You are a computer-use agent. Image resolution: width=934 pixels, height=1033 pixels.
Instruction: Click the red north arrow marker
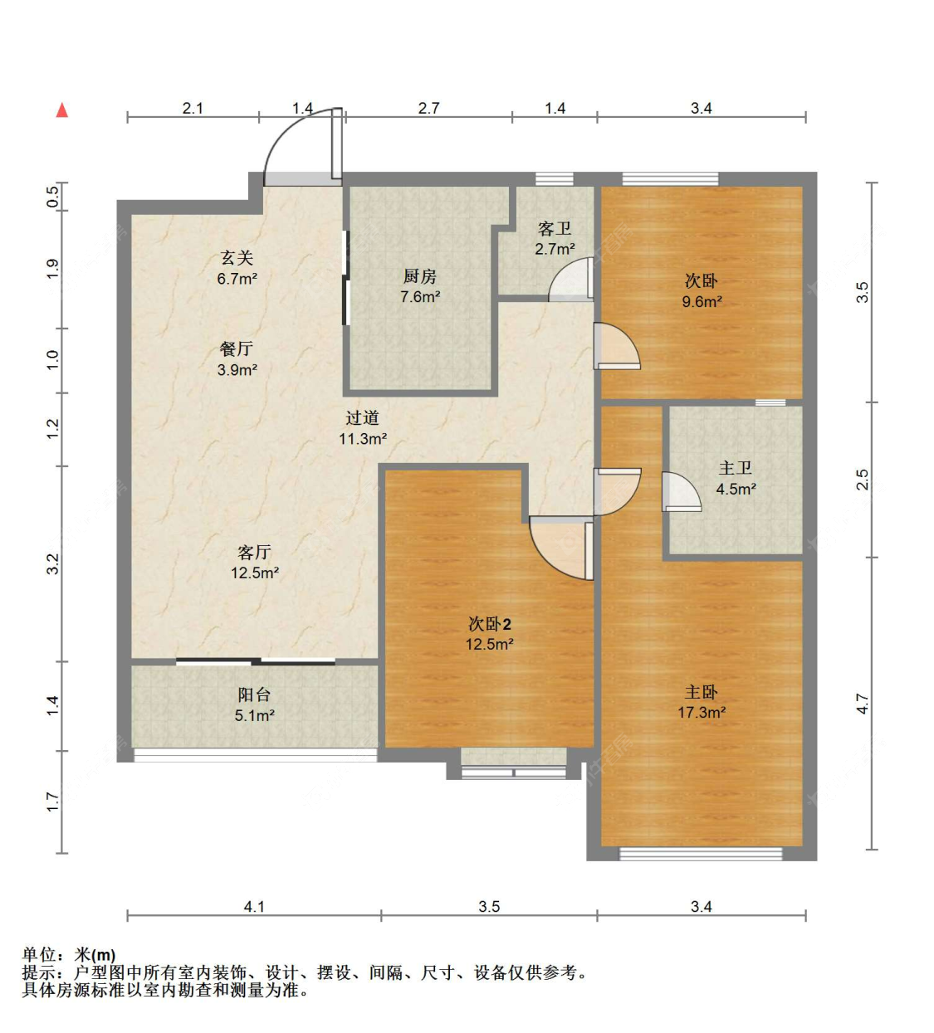(61, 110)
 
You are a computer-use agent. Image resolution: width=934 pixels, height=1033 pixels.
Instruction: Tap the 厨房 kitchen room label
(420, 286)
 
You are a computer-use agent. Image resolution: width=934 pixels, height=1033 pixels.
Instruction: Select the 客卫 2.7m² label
(554, 238)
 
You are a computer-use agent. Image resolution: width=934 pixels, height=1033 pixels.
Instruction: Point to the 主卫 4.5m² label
(736, 479)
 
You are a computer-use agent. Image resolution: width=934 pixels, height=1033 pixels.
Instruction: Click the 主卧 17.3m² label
(702, 702)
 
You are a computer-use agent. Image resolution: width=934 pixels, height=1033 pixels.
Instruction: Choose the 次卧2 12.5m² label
(489, 634)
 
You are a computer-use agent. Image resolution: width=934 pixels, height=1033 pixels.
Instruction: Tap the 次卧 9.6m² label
(702, 291)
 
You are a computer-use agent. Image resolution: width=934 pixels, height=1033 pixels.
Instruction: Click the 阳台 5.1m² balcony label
(254, 704)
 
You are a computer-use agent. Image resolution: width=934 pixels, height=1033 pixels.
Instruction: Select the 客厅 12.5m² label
(254, 562)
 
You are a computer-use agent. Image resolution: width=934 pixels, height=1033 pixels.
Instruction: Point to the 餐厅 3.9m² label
(237, 359)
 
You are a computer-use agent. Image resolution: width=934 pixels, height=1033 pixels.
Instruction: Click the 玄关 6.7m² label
(237, 268)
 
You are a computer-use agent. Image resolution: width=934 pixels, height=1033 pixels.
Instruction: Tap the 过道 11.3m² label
(362, 428)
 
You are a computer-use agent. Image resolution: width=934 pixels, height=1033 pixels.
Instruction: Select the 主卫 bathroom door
(678, 492)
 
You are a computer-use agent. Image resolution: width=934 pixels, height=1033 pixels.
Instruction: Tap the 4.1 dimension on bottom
(254, 907)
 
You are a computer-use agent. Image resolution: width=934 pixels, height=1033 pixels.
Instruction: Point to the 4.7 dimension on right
(862, 704)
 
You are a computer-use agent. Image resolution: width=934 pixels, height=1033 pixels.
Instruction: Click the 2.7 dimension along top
(428, 108)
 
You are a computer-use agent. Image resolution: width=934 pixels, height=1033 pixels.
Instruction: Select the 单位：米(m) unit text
(69, 955)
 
